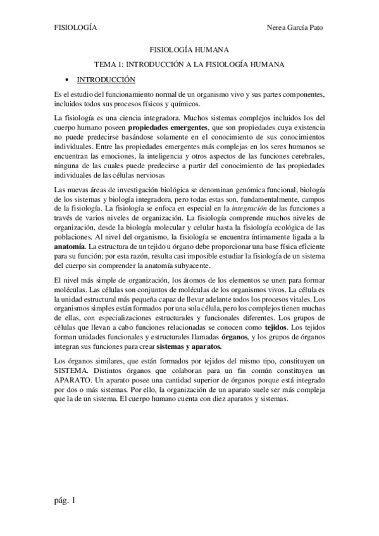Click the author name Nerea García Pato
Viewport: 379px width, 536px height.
[300, 28]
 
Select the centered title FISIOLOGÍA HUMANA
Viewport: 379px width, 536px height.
[189, 48]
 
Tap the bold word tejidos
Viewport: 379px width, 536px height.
[275, 328]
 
